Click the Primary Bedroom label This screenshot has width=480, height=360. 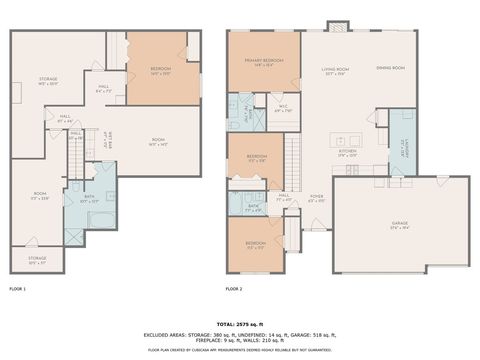[x=263, y=61]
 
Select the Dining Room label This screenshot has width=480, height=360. [x=390, y=68]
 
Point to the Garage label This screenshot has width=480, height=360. [x=400, y=226]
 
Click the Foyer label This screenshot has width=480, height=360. [x=316, y=197]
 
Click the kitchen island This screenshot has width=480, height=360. [x=347, y=138]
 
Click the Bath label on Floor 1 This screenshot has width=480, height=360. [x=89, y=199]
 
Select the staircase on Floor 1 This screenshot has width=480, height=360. [x=74, y=150]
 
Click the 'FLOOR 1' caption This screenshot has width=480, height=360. [x=18, y=288]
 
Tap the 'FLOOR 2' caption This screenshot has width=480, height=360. [x=234, y=288]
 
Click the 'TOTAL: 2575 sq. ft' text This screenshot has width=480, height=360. [x=240, y=325]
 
